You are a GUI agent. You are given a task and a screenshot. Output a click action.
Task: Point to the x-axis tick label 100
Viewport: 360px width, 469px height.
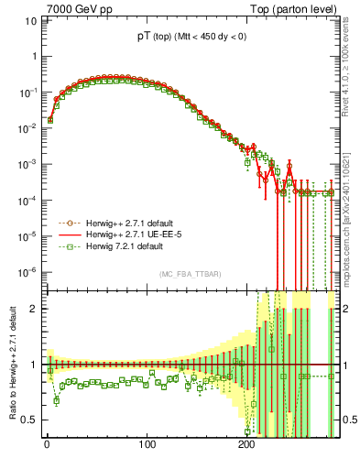click(x=146, y=446)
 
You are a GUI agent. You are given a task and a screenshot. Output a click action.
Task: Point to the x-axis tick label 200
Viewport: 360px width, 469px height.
click(x=245, y=446)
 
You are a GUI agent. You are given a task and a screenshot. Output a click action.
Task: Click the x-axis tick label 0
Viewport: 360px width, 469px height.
click(x=47, y=446)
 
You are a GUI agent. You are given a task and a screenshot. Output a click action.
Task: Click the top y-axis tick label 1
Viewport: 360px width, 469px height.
click(x=34, y=57)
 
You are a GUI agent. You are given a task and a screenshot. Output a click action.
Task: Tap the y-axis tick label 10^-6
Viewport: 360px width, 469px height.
click(x=28, y=272)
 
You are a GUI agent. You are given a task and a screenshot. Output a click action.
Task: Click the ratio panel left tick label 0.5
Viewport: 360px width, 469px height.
click(x=30, y=420)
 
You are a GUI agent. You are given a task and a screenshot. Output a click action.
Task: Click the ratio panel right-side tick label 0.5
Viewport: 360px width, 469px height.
click(x=345, y=420)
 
